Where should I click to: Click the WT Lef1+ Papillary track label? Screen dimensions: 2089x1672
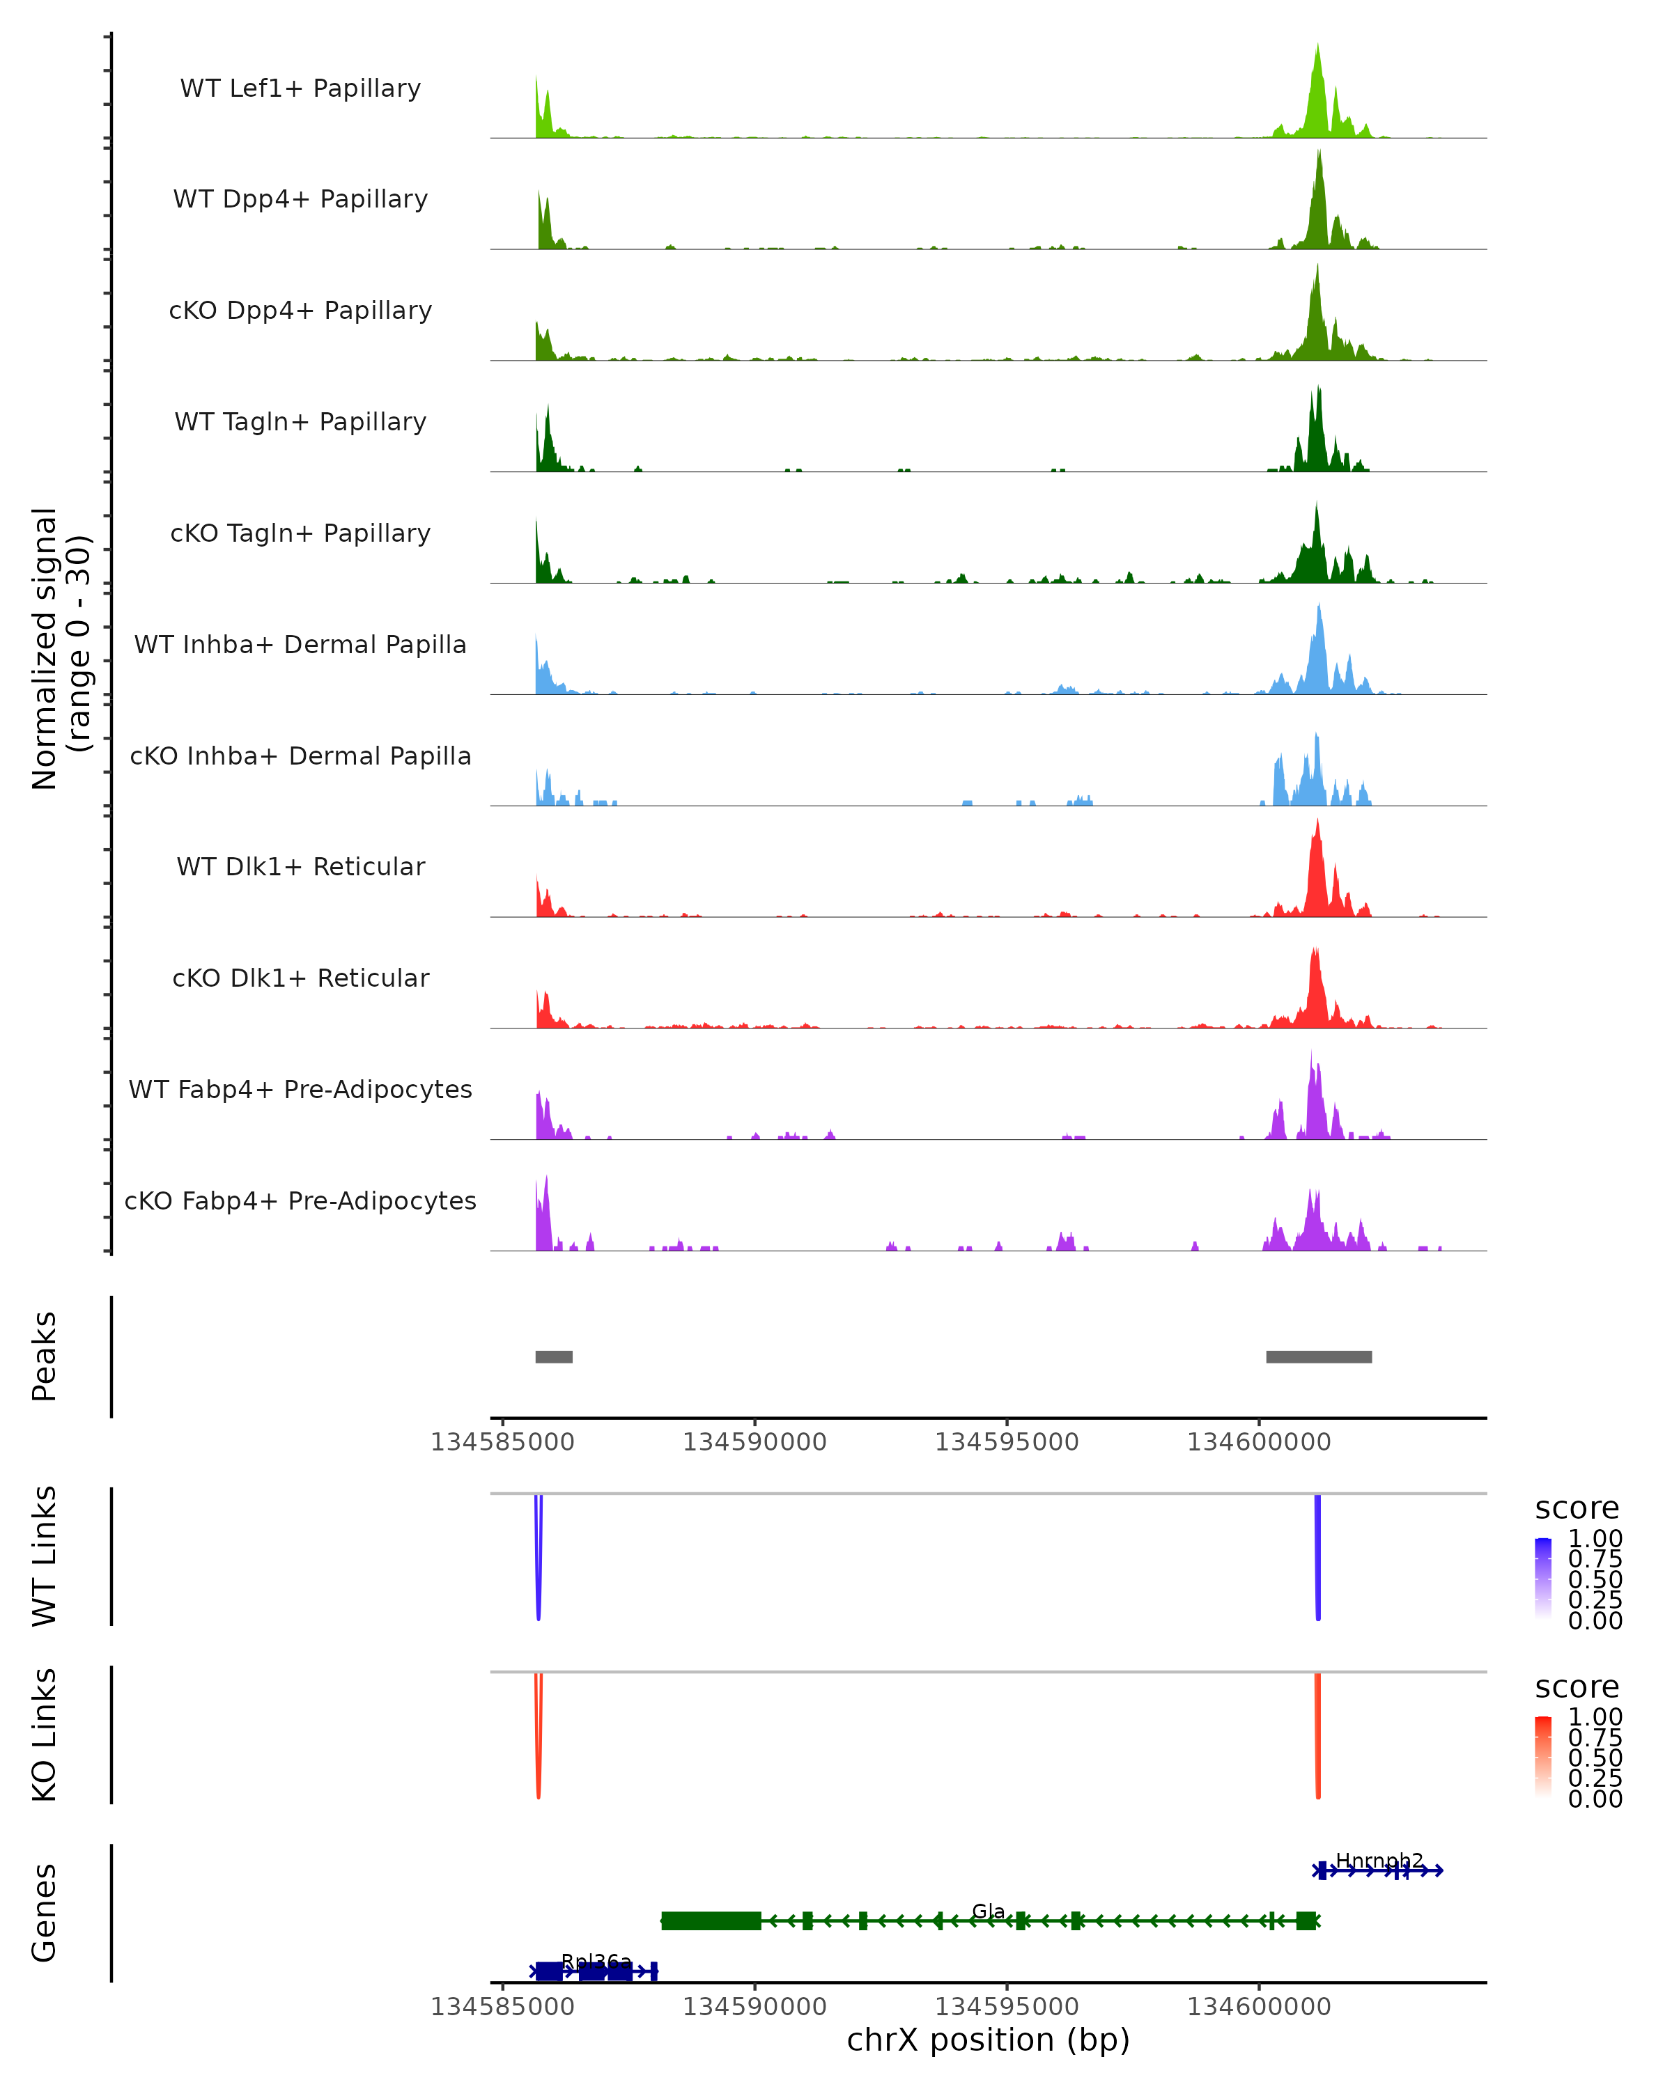pos(300,88)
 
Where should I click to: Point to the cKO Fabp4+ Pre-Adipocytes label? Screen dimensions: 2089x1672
pos(300,1200)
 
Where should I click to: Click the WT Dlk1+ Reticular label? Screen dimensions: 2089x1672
pos(300,866)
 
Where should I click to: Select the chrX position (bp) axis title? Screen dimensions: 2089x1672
pos(988,2040)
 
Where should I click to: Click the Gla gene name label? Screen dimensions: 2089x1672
pos(988,1911)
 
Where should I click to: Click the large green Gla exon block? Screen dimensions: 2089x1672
pos(711,1920)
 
